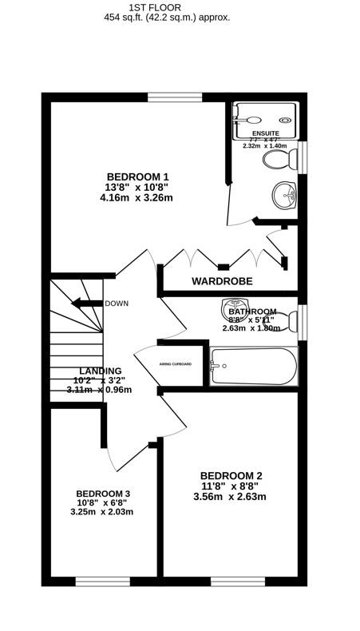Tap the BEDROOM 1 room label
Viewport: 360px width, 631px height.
(x=137, y=177)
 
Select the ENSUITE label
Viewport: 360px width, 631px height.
(x=265, y=133)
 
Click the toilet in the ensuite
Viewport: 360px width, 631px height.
(x=279, y=161)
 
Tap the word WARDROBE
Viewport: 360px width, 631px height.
(x=222, y=281)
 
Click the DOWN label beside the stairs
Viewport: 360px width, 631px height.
(x=117, y=304)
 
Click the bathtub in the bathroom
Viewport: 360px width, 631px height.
(x=253, y=367)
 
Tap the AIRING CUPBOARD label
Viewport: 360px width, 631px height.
(x=175, y=363)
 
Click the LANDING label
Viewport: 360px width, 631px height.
(x=101, y=371)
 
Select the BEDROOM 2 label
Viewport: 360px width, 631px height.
(x=231, y=475)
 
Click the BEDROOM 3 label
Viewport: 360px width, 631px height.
(x=103, y=493)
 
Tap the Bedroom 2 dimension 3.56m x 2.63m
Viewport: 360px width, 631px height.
(x=229, y=497)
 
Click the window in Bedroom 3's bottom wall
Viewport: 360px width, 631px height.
(x=102, y=581)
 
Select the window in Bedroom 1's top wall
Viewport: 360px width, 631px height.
(x=174, y=97)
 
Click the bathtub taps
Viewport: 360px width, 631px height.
(x=215, y=367)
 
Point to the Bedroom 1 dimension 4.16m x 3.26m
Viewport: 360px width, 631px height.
(x=136, y=198)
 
